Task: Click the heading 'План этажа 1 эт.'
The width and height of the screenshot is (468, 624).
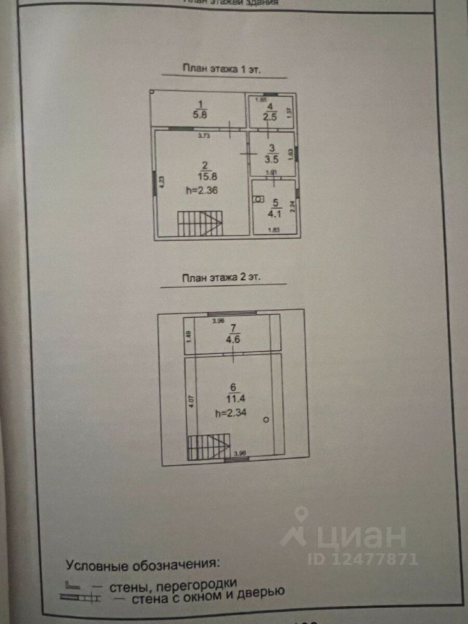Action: [x=222, y=68]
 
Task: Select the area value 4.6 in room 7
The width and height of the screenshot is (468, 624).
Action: [x=233, y=337]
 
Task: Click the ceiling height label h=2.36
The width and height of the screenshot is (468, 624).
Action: [x=201, y=190]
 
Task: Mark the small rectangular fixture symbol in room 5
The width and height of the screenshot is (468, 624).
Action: [x=259, y=200]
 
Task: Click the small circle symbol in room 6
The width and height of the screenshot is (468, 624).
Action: [x=266, y=421]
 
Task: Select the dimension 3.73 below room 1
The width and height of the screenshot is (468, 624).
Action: [x=205, y=136]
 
